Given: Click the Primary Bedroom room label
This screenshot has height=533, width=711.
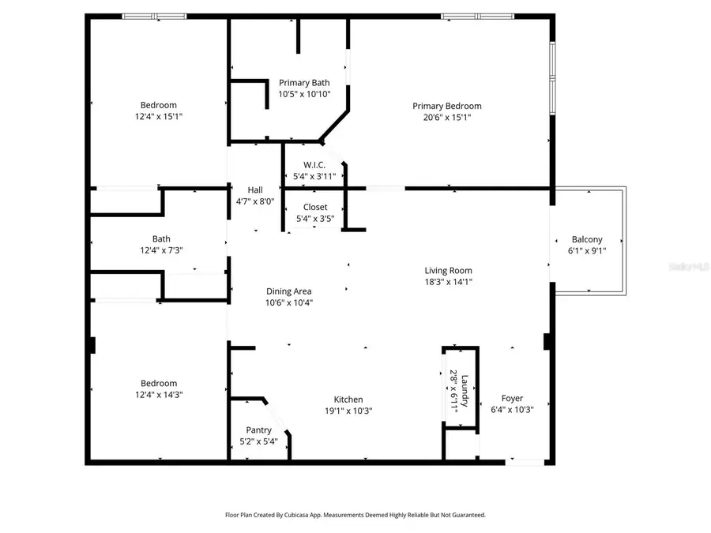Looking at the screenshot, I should (x=446, y=106).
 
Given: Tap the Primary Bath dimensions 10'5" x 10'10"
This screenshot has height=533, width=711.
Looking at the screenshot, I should (x=304, y=94).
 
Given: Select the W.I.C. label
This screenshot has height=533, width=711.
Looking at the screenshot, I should (x=315, y=165).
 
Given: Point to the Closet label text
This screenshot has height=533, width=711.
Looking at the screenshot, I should (x=315, y=207).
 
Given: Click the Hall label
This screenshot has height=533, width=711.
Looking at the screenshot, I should (x=255, y=190).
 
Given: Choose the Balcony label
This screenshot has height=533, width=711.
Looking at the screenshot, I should (x=587, y=239).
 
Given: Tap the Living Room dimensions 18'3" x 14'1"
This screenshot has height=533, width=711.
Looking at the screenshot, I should (x=448, y=281).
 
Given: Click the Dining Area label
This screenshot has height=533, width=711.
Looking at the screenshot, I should (x=289, y=291).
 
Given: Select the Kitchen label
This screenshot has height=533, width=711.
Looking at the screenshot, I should (x=348, y=400).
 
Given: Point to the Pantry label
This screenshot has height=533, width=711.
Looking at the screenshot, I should (x=258, y=430).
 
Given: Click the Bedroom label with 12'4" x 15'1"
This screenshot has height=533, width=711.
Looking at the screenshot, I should (x=158, y=105).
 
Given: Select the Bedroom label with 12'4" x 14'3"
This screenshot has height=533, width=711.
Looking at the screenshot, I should (x=158, y=383).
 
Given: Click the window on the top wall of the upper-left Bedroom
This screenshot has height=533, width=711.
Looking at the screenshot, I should (x=154, y=16).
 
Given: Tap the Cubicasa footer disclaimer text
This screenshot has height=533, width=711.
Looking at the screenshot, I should (x=355, y=514).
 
